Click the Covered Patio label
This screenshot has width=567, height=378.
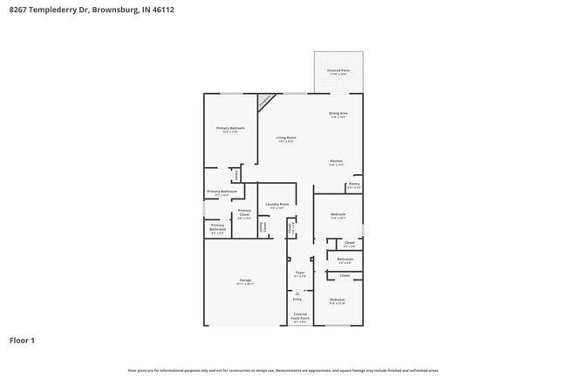338,71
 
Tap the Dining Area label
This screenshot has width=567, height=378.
338,114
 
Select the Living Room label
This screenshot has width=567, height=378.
286,138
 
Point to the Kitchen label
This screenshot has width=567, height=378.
337,162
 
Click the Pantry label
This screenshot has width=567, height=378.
354,185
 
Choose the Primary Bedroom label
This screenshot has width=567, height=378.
230,129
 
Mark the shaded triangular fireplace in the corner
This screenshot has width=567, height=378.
263,101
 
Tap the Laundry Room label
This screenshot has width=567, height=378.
277,206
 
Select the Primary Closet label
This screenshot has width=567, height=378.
244,213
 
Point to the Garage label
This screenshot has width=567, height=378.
246,281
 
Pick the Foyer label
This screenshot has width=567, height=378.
299,273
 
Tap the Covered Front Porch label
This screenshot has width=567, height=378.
299,316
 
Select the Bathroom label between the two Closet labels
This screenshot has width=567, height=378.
345,260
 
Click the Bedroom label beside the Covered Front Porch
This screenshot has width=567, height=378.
338,301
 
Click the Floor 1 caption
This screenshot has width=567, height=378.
22,341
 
